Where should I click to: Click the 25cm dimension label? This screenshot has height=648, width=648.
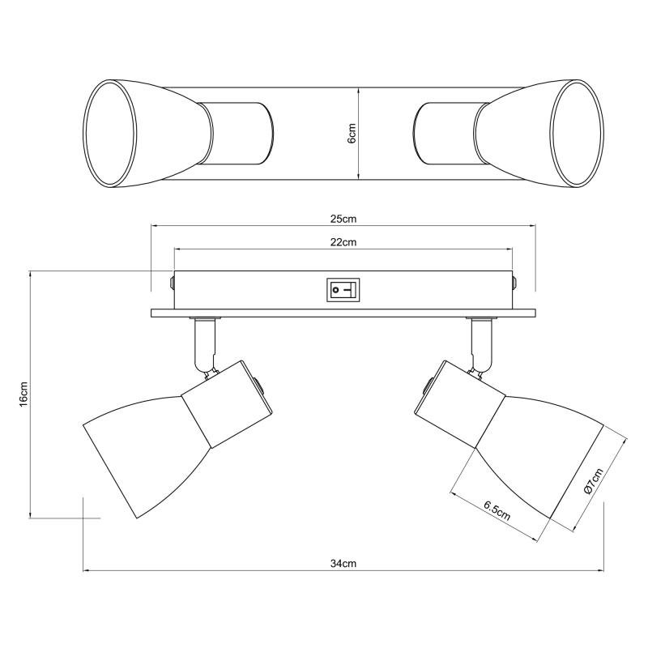[x=343, y=219]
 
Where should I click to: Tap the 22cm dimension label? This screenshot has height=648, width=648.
[x=343, y=241]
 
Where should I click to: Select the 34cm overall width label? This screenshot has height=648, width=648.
[x=343, y=563]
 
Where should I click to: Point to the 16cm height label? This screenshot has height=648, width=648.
[x=23, y=394]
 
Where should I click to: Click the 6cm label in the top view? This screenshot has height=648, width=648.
[x=352, y=133]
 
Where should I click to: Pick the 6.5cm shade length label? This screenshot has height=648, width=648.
[x=497, y=511]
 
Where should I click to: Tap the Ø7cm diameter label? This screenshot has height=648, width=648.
[x=594, y=480]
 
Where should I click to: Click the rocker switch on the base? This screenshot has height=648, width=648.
[x=343, y=290]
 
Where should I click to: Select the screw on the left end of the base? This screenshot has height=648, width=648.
[x=172, y=282]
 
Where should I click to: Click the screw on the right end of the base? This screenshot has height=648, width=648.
[x=514, y=283]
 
